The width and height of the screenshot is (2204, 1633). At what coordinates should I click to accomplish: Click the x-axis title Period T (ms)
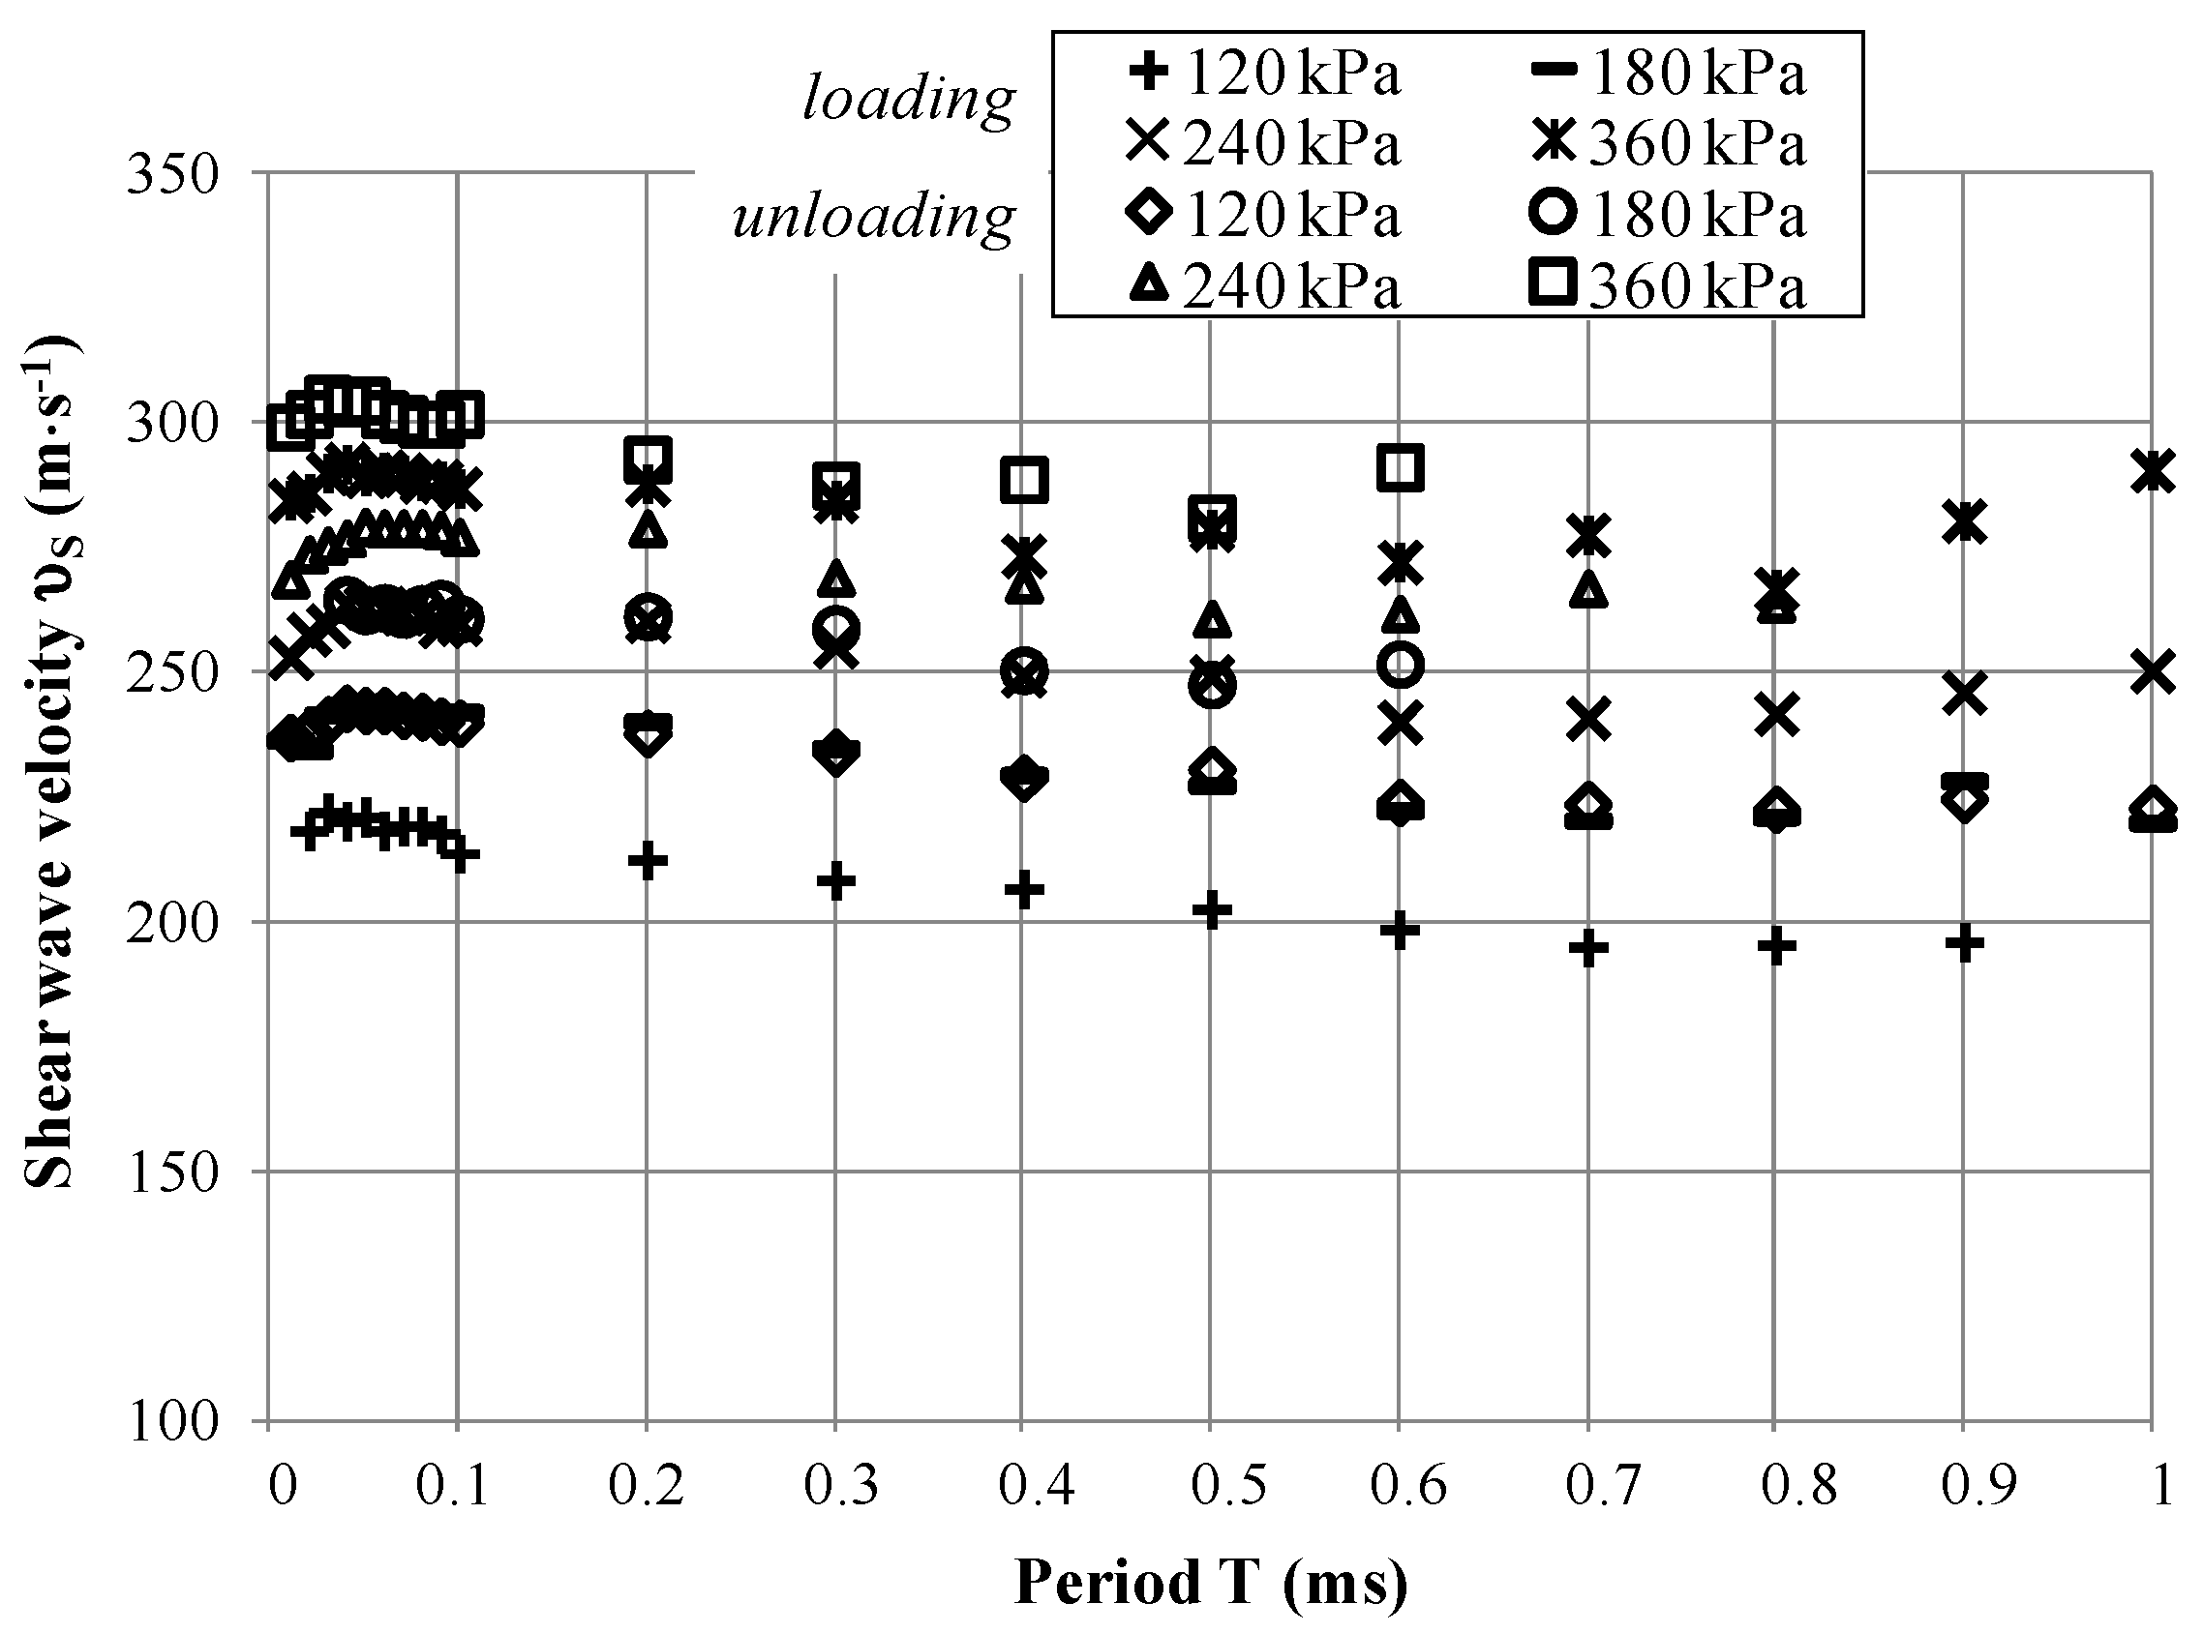(1210, 1581)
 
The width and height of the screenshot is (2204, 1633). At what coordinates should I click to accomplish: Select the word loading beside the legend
(909, 99)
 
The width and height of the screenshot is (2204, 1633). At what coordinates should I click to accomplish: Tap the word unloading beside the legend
(874, 216)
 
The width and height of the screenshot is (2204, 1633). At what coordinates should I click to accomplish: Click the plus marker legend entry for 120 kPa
(1148, 72)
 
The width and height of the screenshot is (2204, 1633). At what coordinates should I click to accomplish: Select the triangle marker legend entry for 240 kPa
(1148, 286)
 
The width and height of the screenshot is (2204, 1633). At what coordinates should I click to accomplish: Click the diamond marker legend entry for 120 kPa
(1148, 215)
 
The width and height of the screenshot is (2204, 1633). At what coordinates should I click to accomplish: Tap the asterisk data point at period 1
(2153, 470)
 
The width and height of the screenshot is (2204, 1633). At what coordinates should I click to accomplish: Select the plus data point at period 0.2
(647, 860)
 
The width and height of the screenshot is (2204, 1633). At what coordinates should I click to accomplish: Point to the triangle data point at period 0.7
(1588, 590)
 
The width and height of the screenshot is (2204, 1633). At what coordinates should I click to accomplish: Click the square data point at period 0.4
(1023, 481)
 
